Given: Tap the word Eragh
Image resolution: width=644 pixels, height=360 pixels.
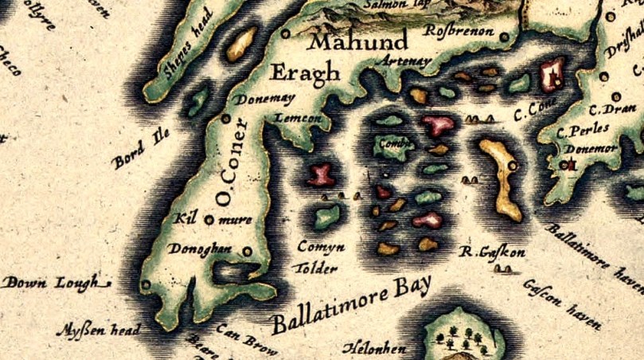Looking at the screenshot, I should (x=306, y=72).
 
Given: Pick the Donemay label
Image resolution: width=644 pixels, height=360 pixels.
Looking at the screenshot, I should (x=265, y=99).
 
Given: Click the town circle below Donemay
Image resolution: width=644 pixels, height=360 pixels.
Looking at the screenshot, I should (x=225, y=118).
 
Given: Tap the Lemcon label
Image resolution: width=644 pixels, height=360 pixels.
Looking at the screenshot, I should (x=297, y=117).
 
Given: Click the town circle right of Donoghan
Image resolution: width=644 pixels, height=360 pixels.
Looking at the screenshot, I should (x=248, y=251).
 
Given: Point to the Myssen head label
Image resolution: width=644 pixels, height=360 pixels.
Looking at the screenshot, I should (x=100, y=329).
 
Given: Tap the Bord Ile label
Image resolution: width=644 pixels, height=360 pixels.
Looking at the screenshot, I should (x=142, y=151).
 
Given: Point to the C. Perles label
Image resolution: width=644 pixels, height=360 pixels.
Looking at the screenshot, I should (x=583, y=130).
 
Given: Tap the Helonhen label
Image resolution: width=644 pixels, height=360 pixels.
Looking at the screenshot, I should (x=374, y=348).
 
